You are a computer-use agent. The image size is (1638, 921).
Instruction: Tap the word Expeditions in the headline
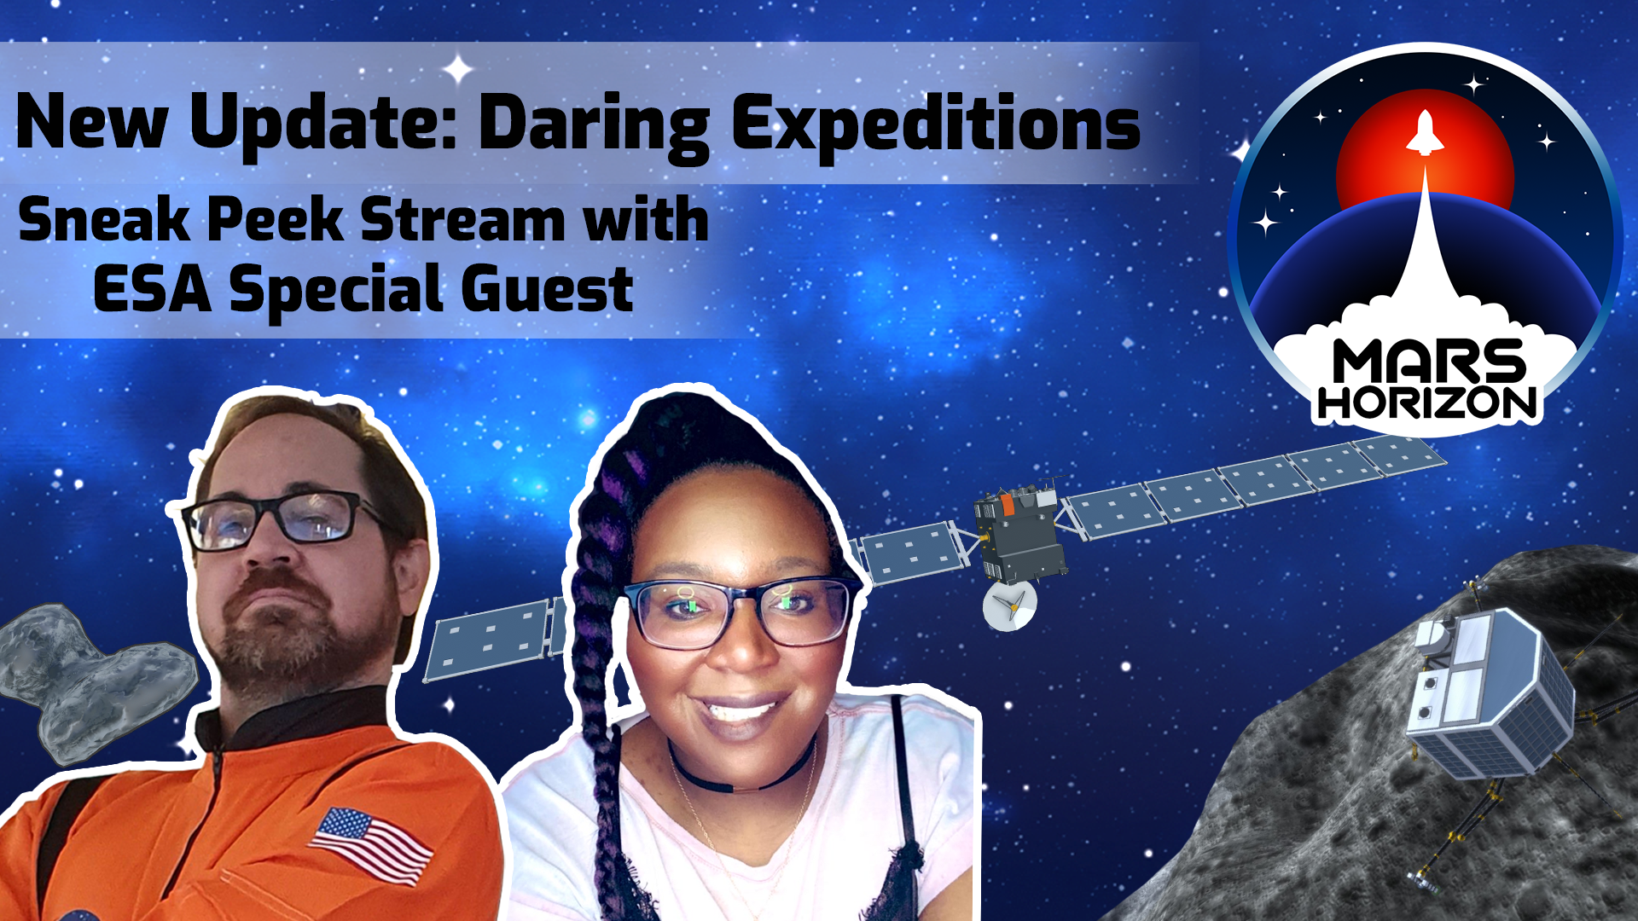click(936, 125)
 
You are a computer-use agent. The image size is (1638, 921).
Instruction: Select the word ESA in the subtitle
click(152, 289)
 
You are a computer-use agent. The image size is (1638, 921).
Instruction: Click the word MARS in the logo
click(1429, 362)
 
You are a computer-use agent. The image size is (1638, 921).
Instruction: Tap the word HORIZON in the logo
click(1427, 403)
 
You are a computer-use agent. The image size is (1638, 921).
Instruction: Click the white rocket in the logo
click(1424, 133)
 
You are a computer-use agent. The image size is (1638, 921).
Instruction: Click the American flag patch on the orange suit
click(371, 845)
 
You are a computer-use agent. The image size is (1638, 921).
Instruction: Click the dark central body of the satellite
click(1019, 533)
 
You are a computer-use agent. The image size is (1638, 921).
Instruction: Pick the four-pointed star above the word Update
click(458, 69)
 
